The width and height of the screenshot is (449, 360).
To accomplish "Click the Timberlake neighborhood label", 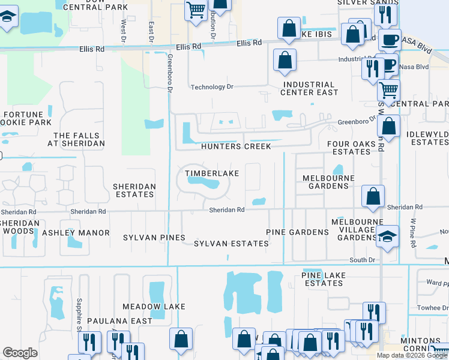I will (x=212, y=173).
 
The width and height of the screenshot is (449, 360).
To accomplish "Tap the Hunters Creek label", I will (x=236, y=146).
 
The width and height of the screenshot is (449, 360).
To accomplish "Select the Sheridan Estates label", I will (x=134, y=190).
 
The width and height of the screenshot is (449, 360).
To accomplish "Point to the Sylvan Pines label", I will (x=154, y=238).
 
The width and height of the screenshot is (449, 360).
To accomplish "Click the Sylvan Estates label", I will (x=231, y=243).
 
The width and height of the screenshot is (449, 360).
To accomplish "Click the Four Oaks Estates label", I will (x=352, y=148).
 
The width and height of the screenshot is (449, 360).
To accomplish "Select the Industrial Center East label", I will (x=309, y=88).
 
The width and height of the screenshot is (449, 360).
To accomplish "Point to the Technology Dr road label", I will (x=211, y=87).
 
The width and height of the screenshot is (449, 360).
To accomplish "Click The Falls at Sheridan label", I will (x=79, y=139).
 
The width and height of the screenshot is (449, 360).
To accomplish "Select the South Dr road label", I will (x=362, y=260).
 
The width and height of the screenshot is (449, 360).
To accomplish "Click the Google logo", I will (x=20, y=353).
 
